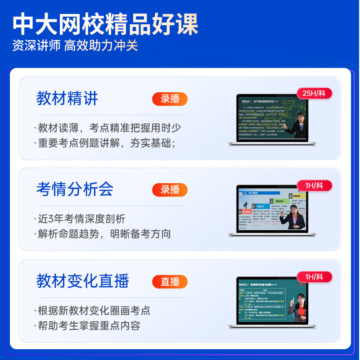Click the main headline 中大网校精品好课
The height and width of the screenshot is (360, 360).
[105, 25]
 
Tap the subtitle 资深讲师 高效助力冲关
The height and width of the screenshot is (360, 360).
[75, 46]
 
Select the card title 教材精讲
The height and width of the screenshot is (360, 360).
[67, 99]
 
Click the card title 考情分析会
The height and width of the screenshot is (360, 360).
[75, 189]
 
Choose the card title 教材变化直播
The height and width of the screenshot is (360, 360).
[83, 281]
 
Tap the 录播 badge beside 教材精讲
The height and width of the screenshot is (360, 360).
[170, 99]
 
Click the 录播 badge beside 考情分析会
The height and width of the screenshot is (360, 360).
[170, 190]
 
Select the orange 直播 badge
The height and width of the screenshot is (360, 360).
[170, 282]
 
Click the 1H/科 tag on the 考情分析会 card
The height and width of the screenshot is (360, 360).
[315, 185]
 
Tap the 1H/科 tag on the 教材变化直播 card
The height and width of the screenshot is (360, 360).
[315, 277]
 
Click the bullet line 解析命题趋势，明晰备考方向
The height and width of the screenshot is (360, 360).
[104, 234]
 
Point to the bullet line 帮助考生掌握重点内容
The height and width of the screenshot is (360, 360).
[89, 325]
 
